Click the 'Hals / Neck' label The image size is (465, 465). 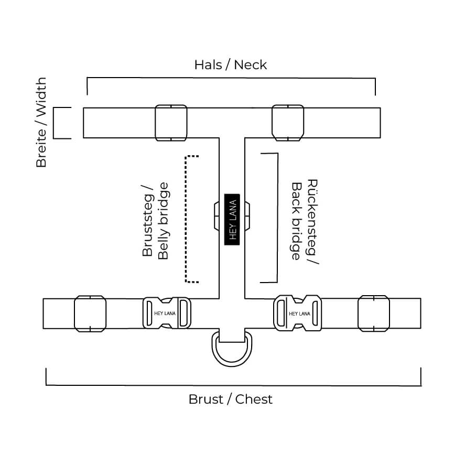click(230, 64)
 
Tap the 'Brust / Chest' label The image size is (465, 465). click(230, 399)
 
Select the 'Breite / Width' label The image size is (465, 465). click(41, 123)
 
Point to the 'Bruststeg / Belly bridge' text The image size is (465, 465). click(155, 221)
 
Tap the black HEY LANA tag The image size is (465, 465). click(232, 219)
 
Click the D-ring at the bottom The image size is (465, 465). click(231, 350)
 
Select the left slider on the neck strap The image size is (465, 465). click(171, 123)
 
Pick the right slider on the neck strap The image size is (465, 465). click(288, 123)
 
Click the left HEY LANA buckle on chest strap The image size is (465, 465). click(167, 313)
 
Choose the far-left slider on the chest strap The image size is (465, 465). click(90, 313)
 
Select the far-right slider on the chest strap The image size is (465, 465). click(374, 313)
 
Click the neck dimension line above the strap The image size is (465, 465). click(231, 78)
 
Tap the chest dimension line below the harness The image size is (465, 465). click(233, 385)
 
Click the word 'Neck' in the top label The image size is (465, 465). click(250, 64)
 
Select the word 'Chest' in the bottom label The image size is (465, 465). click(254, 399)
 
